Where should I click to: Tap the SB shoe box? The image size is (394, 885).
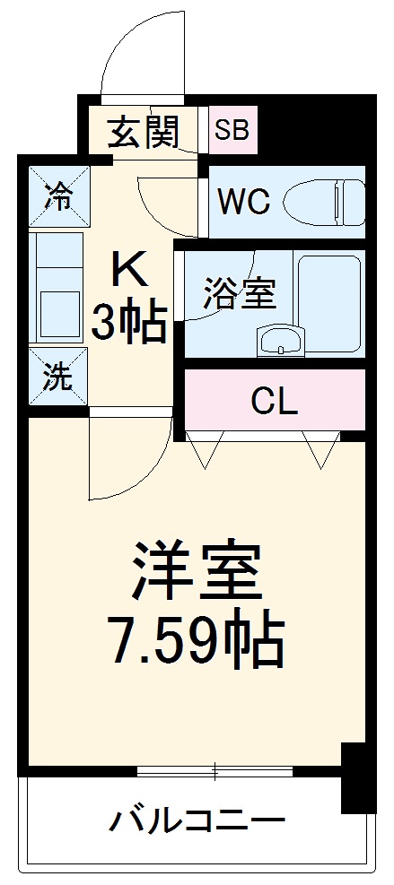point(232,130)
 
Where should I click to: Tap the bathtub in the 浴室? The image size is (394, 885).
point(330,299)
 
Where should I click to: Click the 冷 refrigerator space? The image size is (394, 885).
point(58,195)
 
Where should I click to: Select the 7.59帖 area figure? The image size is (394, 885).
point(197,639)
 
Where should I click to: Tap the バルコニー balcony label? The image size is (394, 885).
point(199,820)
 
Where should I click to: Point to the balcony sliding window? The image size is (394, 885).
point(215,770)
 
